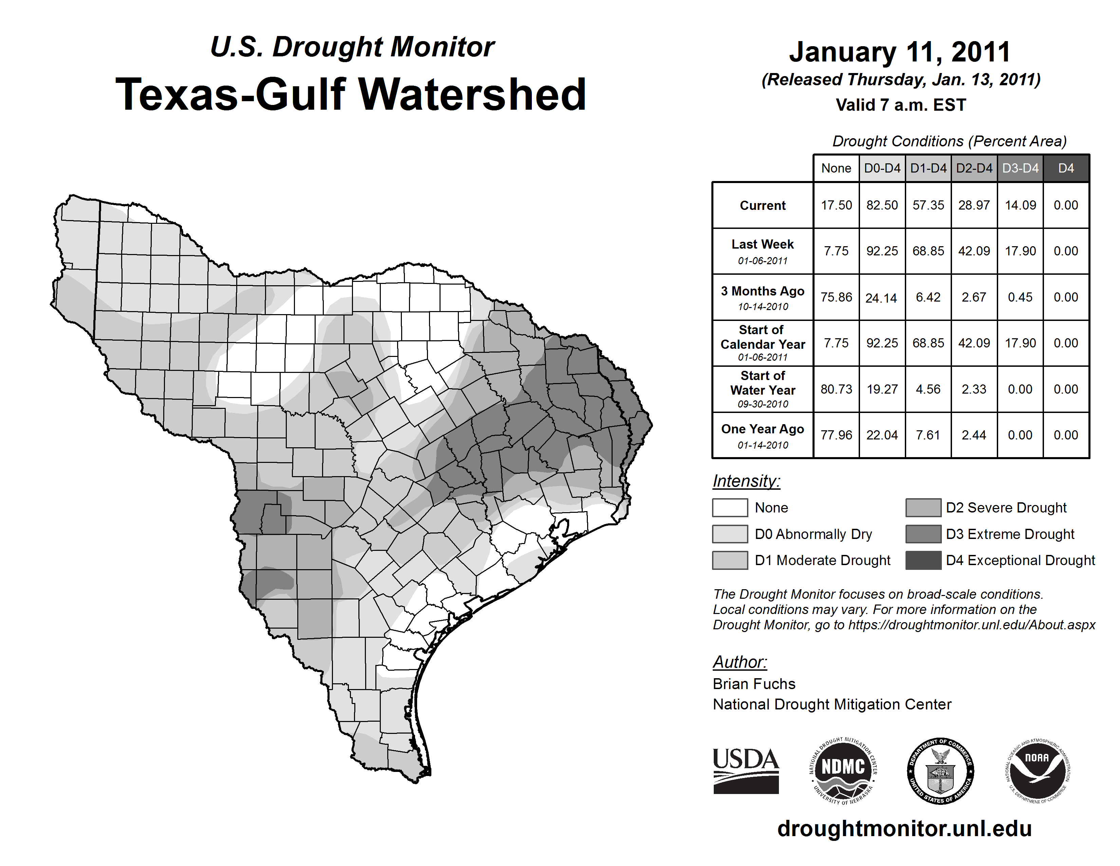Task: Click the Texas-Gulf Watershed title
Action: tap(351, 94)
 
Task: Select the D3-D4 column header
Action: tap(1020, 168)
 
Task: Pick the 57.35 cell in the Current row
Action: tap(928, 205)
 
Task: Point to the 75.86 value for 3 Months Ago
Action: tap(836, 297)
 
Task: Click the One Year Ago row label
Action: tap(763, 429)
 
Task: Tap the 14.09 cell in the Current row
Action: tap(1020, 205)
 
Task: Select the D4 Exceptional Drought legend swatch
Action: tap(923, 560)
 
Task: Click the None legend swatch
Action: tap(730, 507)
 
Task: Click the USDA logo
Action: tap(746, 771)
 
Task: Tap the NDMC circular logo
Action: tap(843, 771)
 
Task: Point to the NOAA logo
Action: tap(1037, 771)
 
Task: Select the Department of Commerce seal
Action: tap(940, 771)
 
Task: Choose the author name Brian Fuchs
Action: tap(754, 684)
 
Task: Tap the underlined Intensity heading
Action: tap(746, 481)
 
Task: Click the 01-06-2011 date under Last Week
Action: tap(763, 260)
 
